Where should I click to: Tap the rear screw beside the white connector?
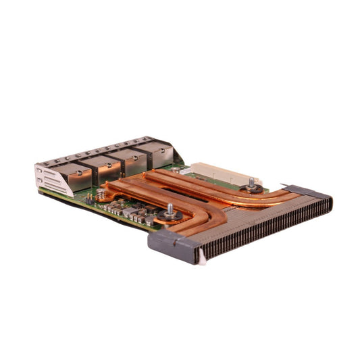252,184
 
